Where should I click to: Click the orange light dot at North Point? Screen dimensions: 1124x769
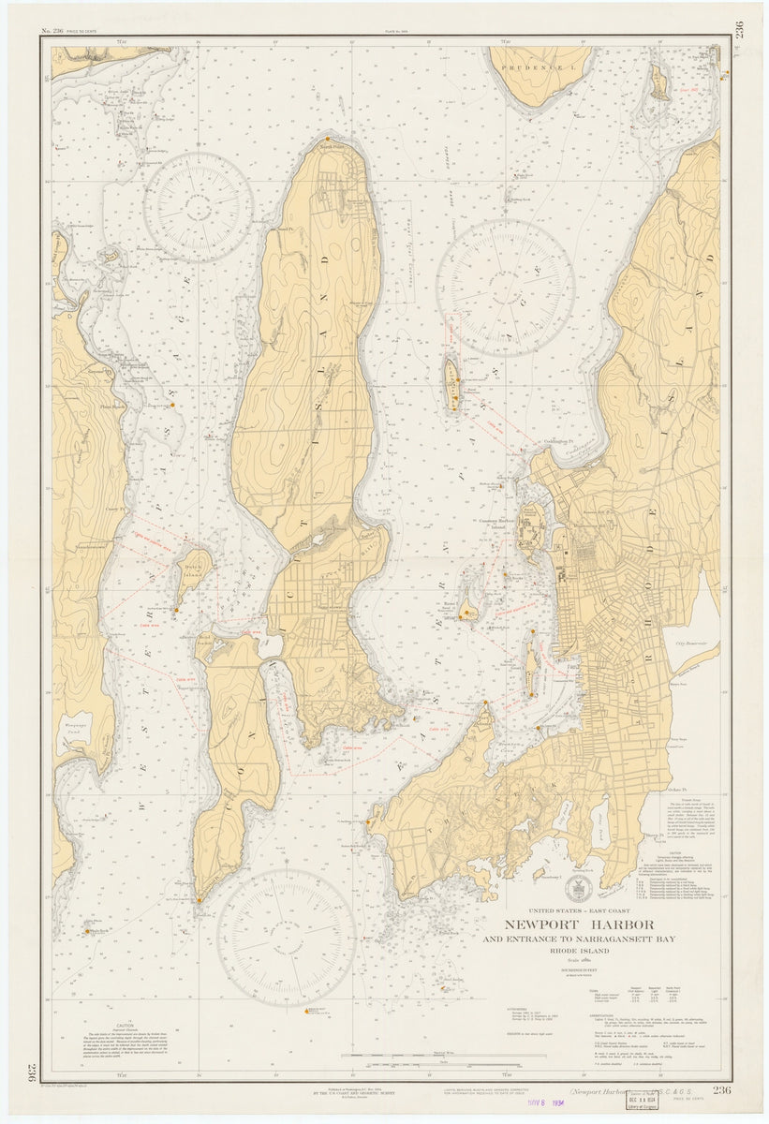(327, 140)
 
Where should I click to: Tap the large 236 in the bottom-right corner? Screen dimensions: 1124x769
(721, 1089)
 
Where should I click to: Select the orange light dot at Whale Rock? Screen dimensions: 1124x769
(88, 931)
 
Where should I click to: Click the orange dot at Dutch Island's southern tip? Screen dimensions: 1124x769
(175, 610)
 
